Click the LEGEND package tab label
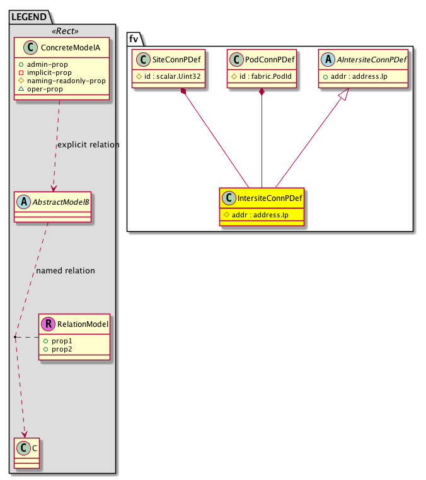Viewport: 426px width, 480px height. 29,17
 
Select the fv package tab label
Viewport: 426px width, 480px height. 134,39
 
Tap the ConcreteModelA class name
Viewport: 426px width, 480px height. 71,47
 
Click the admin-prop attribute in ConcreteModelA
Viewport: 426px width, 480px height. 47,64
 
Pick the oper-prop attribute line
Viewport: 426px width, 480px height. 45,89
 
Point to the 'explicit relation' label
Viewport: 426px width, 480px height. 88,144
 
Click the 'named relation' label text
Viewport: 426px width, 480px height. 66,271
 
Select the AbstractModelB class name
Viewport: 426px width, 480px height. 60,202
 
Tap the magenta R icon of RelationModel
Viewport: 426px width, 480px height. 49,324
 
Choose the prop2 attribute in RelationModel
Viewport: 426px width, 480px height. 62,349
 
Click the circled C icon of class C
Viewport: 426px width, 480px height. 23,448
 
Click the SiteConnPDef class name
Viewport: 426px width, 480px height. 176,59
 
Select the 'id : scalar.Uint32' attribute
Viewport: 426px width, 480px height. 173,76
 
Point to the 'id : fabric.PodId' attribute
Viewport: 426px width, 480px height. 265,76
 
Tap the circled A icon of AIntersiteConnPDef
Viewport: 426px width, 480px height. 328,59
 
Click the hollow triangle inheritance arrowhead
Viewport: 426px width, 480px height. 344,94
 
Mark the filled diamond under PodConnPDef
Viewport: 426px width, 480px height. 262,91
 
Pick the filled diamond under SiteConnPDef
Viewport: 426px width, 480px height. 183,91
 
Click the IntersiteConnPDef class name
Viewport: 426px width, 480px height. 270,198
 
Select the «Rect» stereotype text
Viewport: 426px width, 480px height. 65,31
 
